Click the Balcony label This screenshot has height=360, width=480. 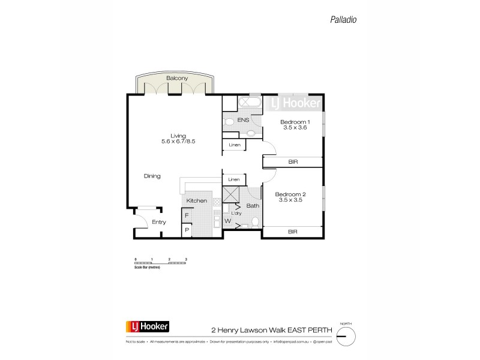pyautogui.click(x=177, y=79)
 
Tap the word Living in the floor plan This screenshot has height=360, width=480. pyautogui.click(x=178, y=136)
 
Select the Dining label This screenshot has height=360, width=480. pyautogui.click(x=152, y=176)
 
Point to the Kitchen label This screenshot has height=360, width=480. pyautogui.click(x=196, y=200)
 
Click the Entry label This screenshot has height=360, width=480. pyautogui.click(x=158, y=222)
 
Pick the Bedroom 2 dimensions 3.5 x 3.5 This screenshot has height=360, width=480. pyautogui.click(x=290, y=200)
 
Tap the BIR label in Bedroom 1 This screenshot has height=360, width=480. pyautogui.click(x=293, y=162)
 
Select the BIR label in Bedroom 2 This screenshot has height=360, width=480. pyautogui.click(x=293, y=231)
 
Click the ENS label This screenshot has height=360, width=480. pyautogui.click(x=243, y=120)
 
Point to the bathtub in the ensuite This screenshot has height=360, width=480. pyautogui.click(x=248, y=103)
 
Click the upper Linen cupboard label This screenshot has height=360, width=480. pyautogui.click(x=233, y=145)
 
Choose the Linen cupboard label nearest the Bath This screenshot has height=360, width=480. pyautogui.click(x=233, y=179)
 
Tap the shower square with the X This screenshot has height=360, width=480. pyautogui.click(x=231, y=195)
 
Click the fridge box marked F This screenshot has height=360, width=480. pyautogui.click(x=187, y=215)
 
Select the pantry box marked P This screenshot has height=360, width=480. pyautogui.click(x=187, y=230)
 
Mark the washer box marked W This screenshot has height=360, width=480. pyautogui.click(x=227, y=220)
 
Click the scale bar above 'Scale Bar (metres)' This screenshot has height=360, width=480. pyautogui.click(x=161, y=263)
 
